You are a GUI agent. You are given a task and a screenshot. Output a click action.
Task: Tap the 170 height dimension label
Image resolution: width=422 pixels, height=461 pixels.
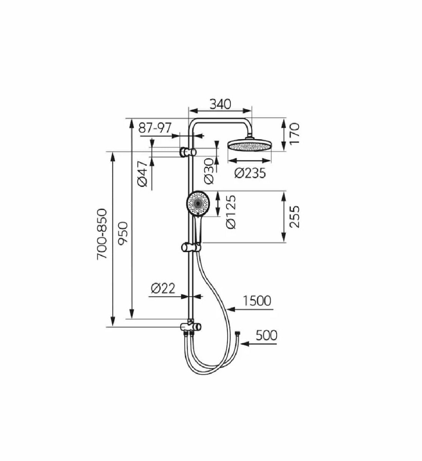[294, 134]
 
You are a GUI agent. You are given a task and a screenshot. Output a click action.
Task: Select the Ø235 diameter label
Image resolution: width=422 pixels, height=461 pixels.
[250, 173]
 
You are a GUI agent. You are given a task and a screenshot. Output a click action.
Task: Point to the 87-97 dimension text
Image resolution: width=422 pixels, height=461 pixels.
[155, 128]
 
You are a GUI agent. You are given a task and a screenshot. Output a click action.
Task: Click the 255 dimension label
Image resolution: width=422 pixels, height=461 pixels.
[294, 217]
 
